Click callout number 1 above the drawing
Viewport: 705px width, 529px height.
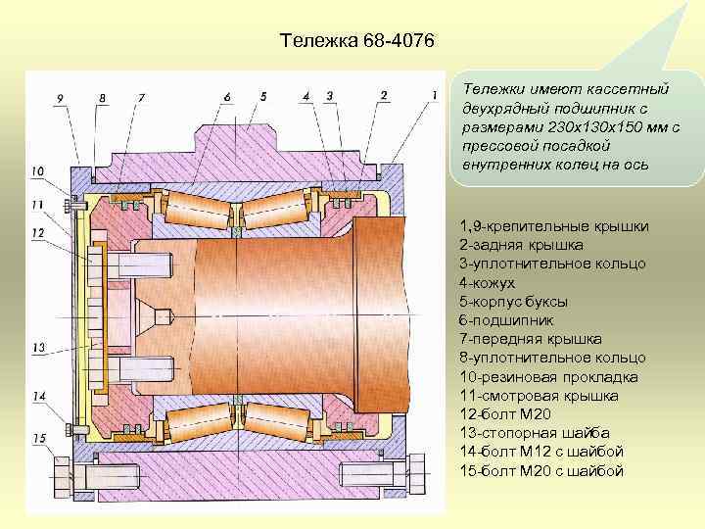433,93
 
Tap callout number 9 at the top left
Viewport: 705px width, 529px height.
60,97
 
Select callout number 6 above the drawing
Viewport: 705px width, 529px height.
227,96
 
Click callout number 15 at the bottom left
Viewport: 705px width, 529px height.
40,438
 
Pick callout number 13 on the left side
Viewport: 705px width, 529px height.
39,348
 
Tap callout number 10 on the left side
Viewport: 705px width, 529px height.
37,171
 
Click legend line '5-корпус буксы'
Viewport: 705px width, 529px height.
513,302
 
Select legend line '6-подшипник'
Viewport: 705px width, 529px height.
506,320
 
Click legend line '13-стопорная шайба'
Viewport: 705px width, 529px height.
535,433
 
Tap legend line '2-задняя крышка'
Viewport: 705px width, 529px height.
521,246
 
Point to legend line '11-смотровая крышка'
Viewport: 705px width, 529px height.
539,396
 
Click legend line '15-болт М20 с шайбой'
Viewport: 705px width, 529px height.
541,471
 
